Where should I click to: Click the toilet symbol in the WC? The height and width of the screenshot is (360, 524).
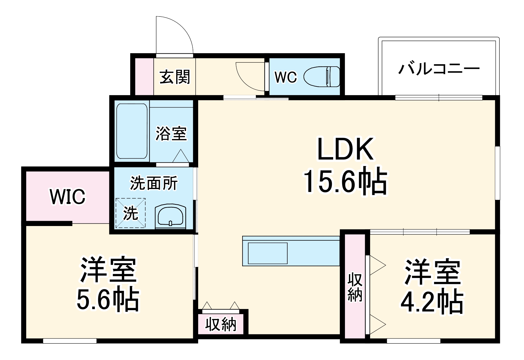[322, 77]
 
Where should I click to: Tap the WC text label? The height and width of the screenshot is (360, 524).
[285, 77]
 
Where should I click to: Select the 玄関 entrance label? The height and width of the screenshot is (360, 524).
[175, 77]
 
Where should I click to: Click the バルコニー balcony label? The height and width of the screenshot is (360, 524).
[439, 69]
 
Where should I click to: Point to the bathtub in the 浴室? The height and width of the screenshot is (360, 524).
[132, 131]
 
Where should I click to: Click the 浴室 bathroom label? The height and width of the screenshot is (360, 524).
[171, 133]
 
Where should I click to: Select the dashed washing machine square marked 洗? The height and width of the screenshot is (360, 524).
[131, 213]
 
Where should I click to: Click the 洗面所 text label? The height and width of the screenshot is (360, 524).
[154, 183]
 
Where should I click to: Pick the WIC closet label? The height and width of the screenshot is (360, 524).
[68, 197]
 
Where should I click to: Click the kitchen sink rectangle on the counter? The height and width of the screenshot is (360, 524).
[267, 253]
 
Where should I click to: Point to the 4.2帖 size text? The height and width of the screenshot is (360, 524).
[432, 302]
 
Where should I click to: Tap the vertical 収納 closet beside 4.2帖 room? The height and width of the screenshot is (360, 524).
[355, 287]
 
